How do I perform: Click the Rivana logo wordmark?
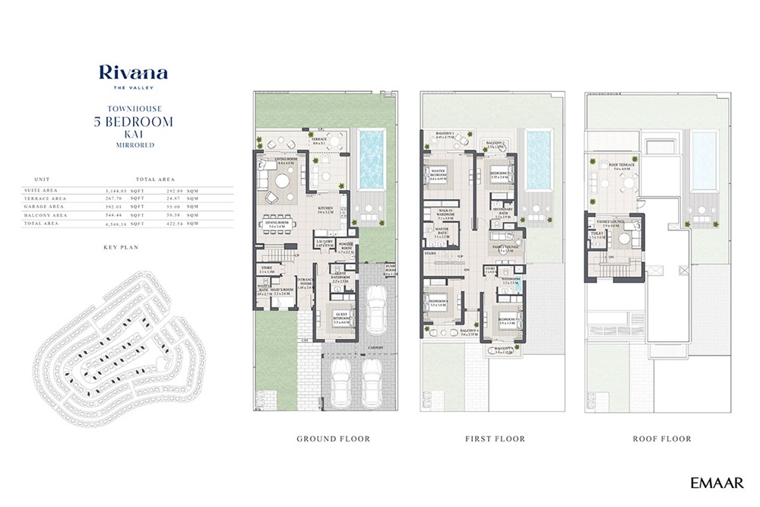[133, 74]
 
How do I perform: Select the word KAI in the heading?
[133, 133]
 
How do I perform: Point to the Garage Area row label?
[45, 206]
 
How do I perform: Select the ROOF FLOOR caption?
[661, 439]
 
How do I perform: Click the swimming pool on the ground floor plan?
[371, 159]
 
